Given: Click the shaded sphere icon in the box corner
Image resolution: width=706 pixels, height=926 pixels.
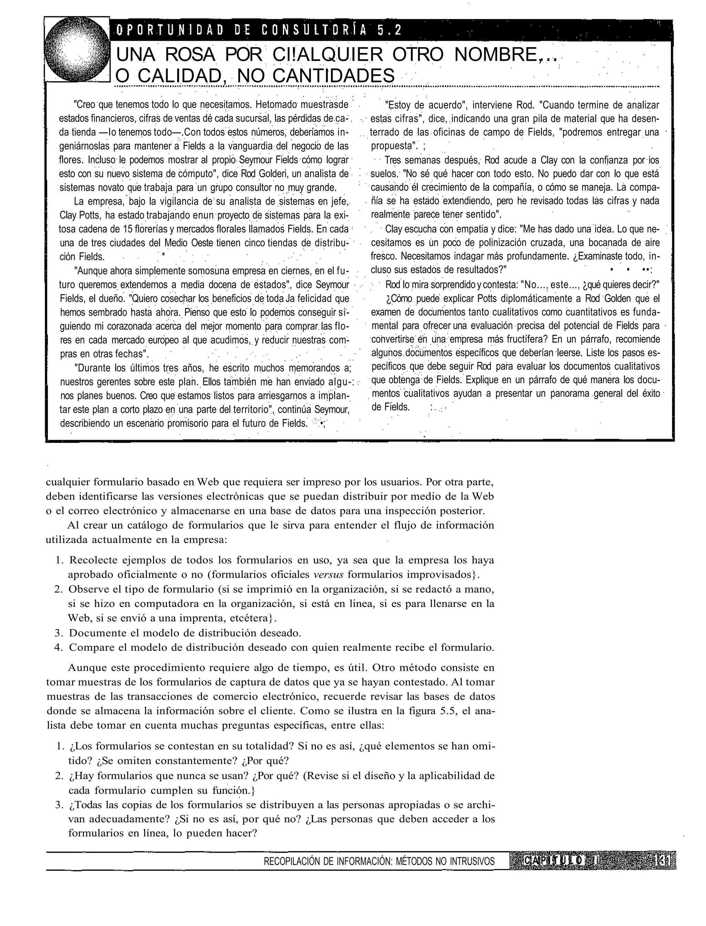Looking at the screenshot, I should pos(77,50).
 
